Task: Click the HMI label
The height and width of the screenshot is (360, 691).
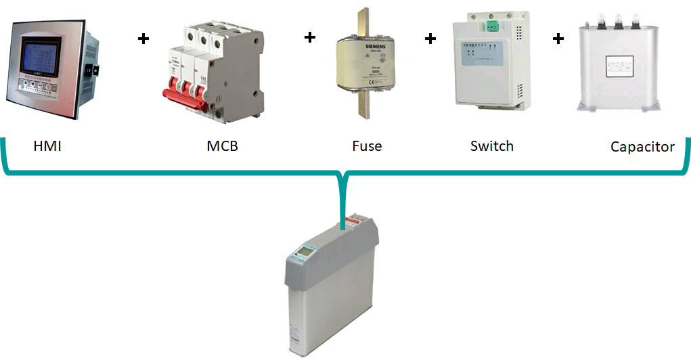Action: point(47,145)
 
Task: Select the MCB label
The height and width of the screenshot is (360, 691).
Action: point(222,145)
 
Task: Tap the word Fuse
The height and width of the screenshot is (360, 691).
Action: point(367,145)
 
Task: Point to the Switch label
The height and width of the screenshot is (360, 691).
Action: point(491,145)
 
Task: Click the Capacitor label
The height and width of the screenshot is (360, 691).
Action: point(642,146)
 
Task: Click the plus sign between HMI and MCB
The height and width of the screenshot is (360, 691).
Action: point(143,39)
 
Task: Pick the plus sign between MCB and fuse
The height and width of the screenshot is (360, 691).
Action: point(309,37)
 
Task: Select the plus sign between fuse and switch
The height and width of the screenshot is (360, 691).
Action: point(430,39)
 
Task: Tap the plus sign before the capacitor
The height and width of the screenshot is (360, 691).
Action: point(558,39)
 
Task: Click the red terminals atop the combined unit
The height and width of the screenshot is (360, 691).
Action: point(353,221)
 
